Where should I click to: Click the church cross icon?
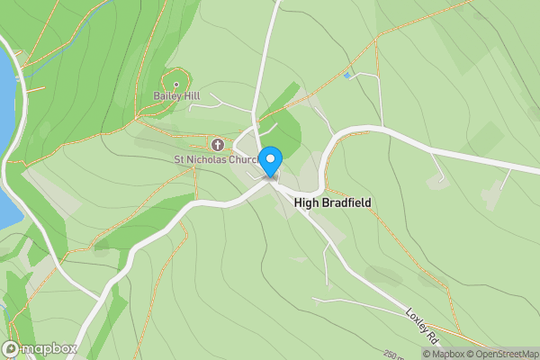(217, 144)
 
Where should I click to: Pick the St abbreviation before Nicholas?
(179, 160)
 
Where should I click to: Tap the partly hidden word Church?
(244, 160)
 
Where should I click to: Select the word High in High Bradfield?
(308, 203)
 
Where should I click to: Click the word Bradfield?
(346, 203)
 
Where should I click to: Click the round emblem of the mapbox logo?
(11, 348)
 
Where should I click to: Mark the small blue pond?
(347, 76)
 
